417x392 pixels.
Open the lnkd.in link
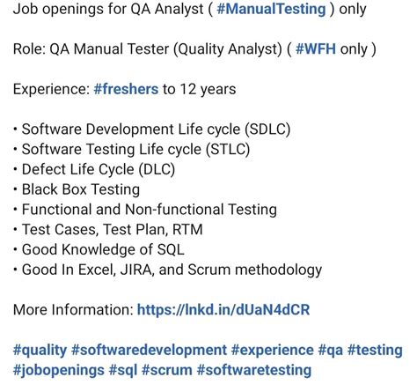223,310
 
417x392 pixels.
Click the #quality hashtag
39,350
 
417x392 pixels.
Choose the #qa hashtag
332,350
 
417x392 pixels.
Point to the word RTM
176,230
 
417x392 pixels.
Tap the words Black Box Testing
80,189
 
